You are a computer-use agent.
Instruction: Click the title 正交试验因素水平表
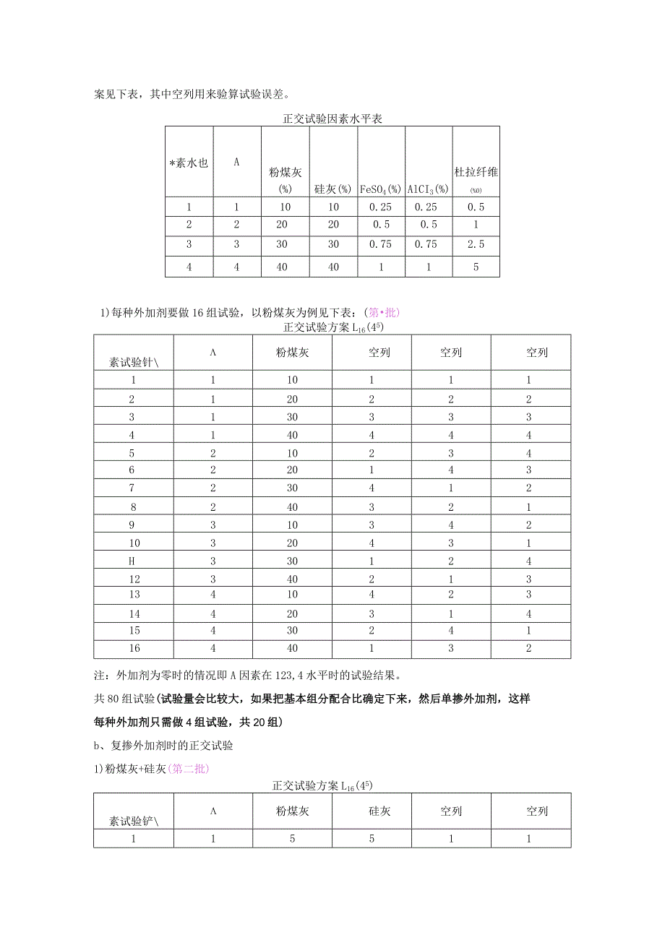tap(332, 119)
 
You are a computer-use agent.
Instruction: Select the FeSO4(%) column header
tap(380, 189)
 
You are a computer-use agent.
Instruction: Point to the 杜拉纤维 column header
tap(476, 173)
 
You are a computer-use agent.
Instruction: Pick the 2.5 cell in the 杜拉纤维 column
tap(476, 245)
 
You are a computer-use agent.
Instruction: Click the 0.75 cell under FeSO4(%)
tap(380, 245)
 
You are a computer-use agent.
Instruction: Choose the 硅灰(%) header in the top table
tap(332, 189)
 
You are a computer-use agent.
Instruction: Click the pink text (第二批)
tap(188, 769)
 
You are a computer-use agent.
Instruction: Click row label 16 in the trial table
tap(132, 649)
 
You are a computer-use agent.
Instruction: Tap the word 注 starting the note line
tap(100, 677)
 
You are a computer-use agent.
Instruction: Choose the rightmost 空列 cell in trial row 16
tap(528, 649)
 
